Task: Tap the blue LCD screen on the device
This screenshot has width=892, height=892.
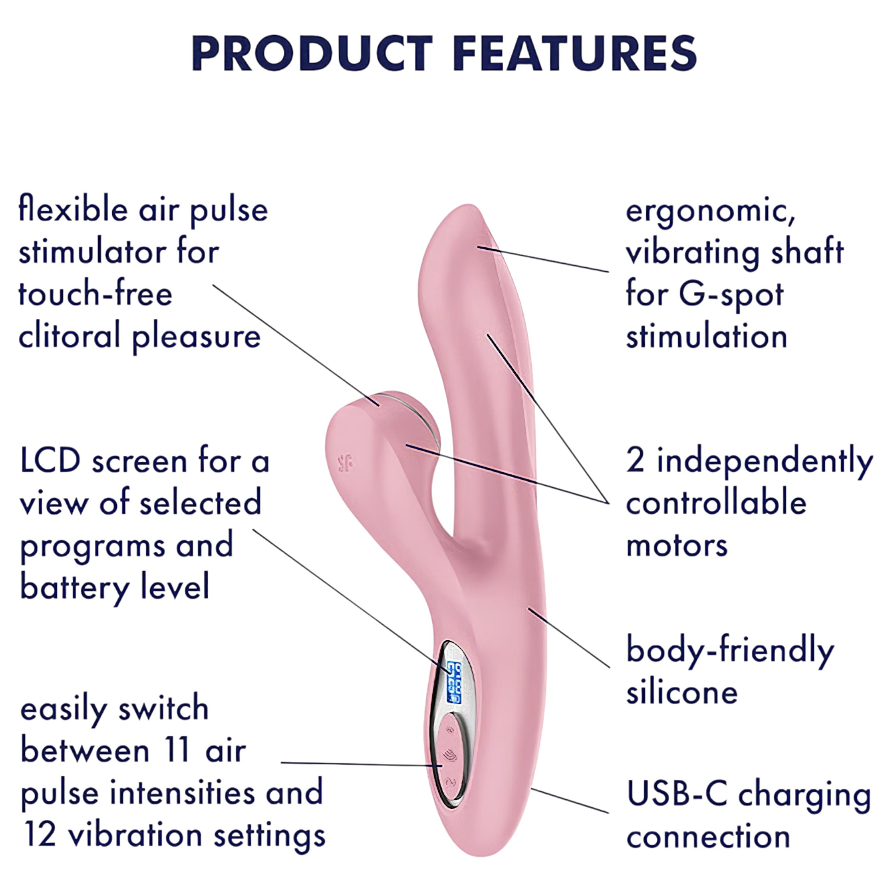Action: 454,683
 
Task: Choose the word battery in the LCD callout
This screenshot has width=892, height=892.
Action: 74,587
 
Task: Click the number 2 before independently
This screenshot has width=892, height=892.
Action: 636,461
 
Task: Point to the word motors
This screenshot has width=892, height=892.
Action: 677,546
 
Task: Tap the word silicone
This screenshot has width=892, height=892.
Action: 682,693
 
